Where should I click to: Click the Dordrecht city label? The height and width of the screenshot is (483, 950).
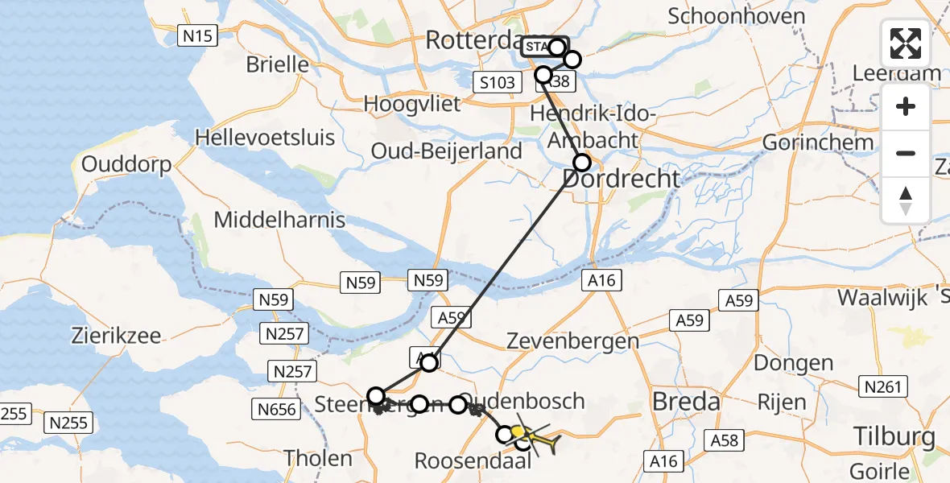[622, 178]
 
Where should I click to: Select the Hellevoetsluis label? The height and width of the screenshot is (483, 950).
[265, 137]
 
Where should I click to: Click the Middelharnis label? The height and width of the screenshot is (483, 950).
[279, 219]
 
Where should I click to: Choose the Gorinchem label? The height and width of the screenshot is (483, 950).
[819, 142]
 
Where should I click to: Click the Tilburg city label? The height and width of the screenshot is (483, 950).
[896, 438]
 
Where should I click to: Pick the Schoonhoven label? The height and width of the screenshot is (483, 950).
[736, 17]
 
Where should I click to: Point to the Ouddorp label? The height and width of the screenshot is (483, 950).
[126, 165]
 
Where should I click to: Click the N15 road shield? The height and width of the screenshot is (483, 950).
[196, 35]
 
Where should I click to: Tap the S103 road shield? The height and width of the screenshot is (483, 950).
[494, 82]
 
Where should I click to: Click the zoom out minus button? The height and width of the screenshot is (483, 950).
[906, 153]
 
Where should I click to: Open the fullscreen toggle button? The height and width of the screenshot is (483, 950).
[906, 43]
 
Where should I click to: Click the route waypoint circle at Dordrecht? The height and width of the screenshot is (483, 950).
[582, 163]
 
